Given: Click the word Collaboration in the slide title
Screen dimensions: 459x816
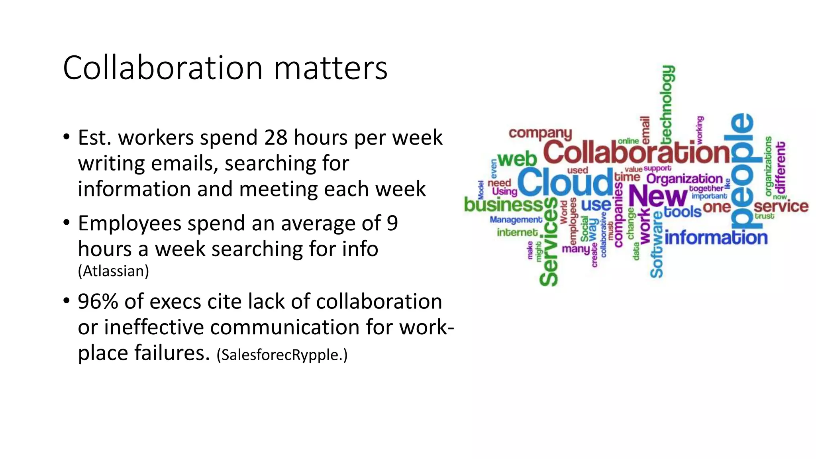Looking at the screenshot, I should click(x=163, y=68).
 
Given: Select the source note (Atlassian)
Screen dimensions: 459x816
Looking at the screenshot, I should click(x=113, y=271).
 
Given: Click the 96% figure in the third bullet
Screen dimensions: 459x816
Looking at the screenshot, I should click(x=98, y=301).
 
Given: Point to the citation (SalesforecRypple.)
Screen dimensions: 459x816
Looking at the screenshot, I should click(x=282, y=355).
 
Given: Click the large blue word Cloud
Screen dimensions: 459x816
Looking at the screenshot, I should click(x=565, y=182).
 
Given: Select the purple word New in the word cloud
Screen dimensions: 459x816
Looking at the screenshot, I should click(x=657, y=196).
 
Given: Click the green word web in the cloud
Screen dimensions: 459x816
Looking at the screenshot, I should click(x=517, y=159).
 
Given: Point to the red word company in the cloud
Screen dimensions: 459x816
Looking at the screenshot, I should click(x=540, y=133).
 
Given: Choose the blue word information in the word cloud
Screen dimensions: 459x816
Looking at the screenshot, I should click(x=716, y=238).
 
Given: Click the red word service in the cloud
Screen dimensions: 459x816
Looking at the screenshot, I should click(x=781, y=206).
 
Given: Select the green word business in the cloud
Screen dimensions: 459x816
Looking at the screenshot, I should click(x=504, y=205).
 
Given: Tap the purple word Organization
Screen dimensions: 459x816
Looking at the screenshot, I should click(x=684, y=178).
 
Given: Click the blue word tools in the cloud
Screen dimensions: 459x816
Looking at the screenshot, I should click(x=683, y=212).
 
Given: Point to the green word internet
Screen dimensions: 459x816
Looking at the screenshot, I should click(x=517, y=232).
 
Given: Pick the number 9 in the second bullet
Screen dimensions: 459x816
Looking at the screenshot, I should click(x=392, y=223).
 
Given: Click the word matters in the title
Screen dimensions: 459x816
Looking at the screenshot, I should click(x=330, y=68).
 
